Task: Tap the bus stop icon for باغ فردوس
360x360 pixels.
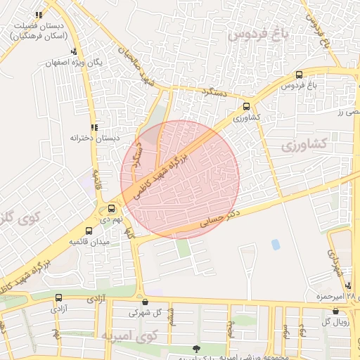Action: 299,75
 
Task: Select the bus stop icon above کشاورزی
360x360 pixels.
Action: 245,107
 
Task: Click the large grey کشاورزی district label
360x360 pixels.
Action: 304,145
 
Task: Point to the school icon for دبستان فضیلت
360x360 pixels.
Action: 38,14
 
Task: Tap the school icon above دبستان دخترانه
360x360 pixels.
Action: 94,127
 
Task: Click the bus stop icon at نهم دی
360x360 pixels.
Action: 112,208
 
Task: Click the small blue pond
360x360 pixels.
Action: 275,244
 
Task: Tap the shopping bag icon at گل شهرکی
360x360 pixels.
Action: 145,302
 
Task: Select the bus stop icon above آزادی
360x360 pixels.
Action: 58,297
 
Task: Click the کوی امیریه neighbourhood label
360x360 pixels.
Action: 127,335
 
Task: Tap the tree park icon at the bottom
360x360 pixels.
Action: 195,348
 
